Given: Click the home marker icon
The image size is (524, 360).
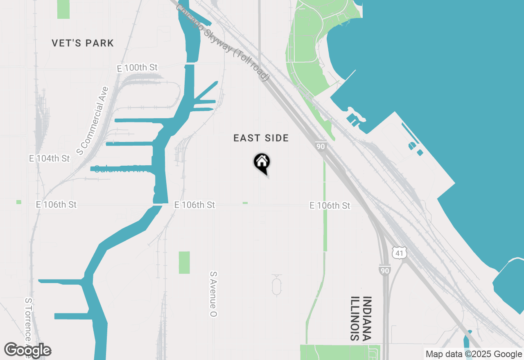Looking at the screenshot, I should pyautogui.click(x=262, y=163).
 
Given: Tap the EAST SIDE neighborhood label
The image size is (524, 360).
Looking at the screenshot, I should pyautogui.click(x=261, y=138).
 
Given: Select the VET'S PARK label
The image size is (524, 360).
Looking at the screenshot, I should pyautogui.click(x=83, y=43).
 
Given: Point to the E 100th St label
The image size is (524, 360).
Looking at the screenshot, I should pyautogui.click(x=137, y=67).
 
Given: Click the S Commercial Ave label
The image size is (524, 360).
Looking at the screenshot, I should pyautogui.click(x=93, y=121).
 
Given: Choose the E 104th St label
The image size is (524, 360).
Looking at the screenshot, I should pyautogui.click(x=50, y=158).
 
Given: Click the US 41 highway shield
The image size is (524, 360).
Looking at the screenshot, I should pyautogui.click(x=399, y=254).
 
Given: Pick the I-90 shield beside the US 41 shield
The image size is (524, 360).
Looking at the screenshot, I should pyautogui.click(x=384, y=270).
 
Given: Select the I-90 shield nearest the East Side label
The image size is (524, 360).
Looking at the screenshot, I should pyautogui.click(x=321, y=146).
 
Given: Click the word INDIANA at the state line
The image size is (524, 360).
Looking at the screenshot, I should pyautogui.click(x=367, y=319).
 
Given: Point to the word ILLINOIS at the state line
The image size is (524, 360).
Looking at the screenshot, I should pyautogui.click(x=355, y=319).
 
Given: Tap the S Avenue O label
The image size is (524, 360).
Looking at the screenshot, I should pyautogui.click(x=213, y=294).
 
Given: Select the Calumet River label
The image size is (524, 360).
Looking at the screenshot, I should pyautogui.click(x=123, y=169).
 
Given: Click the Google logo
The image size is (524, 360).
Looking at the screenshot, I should pyautogui.click(x=28, y=350).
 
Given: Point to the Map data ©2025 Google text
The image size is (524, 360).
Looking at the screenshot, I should pyautogui.click(x=474, y=354).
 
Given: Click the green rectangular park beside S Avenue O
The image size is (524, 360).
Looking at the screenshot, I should pyautogui.click(x=184, y=262).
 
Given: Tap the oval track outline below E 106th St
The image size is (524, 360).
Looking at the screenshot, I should pyautogui.click(x=277, y=285).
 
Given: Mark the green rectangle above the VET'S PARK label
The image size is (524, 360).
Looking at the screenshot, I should pyautogui.click(x=63, y=9).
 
